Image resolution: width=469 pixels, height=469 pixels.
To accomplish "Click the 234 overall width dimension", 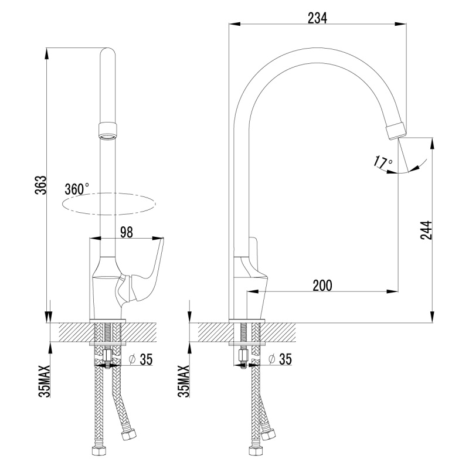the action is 317,18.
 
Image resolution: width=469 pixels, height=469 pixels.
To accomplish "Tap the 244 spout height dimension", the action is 426,230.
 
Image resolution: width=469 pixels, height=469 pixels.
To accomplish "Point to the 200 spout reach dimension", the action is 322,286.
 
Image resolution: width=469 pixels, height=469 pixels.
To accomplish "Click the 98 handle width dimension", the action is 127,232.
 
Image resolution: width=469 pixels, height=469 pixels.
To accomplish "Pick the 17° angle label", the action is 383,162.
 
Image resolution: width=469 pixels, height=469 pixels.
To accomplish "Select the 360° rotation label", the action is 77,189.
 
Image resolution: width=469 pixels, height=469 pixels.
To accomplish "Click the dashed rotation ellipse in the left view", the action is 109,204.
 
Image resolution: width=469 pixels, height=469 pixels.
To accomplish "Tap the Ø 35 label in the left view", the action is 141,359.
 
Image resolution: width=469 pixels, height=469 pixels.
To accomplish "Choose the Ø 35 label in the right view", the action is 280,359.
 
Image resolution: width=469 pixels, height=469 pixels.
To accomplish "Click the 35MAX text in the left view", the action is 44,382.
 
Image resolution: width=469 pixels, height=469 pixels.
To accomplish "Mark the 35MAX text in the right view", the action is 183,382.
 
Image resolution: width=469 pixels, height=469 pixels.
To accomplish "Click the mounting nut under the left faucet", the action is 107,355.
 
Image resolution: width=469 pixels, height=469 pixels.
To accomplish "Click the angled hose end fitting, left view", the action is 128,434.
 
